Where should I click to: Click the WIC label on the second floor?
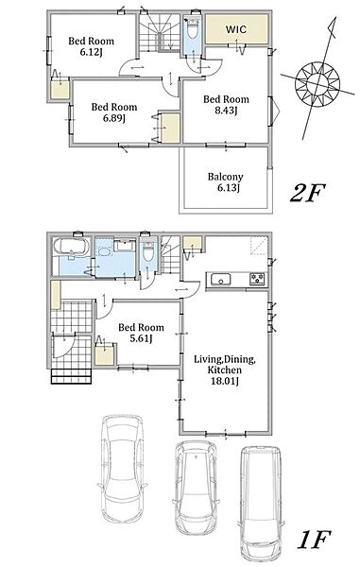click(x=236, y=29)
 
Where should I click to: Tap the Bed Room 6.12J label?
click(x=91, y=46)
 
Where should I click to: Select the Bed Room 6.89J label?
click(x=113, y=112)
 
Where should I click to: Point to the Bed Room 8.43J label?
click(x=226, y=105)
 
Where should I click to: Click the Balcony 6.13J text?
click(x=225, y=181)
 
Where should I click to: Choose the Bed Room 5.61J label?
click(x=141, y=333)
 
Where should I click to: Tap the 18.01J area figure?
click(x=225, y=381)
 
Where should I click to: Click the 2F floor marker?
click(x=307, y=193)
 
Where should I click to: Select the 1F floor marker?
click(x=314, y=540)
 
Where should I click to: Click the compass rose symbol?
click(x=317, y=83)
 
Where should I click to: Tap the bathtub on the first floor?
click(x=71, y=247)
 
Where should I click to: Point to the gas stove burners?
click(x=257, y=279)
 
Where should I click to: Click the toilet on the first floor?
click(x=148, y=252)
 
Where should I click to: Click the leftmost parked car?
click(x=122, y=469)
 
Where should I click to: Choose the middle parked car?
click(x=196, y=487)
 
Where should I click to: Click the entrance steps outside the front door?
click(x=71, y=376)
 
